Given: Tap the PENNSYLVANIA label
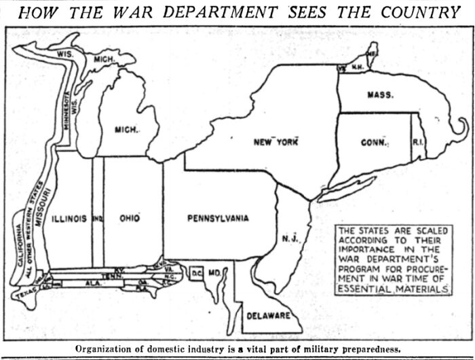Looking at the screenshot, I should [x=208, y=218].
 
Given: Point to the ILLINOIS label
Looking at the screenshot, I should [x=69, y=218].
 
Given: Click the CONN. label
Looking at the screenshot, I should [x=374, y=143].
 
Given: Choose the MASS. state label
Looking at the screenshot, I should [x=380, y=95].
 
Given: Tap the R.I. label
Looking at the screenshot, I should [x=417, y=142].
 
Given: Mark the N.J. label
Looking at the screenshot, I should [x=288, y=238].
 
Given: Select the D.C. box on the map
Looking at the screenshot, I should [x=196, y=273].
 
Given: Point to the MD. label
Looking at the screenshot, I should [x=214, y=273].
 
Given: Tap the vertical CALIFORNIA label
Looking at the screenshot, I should [x=18, y=252].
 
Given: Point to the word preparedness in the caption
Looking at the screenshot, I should [x=366, y=349].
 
